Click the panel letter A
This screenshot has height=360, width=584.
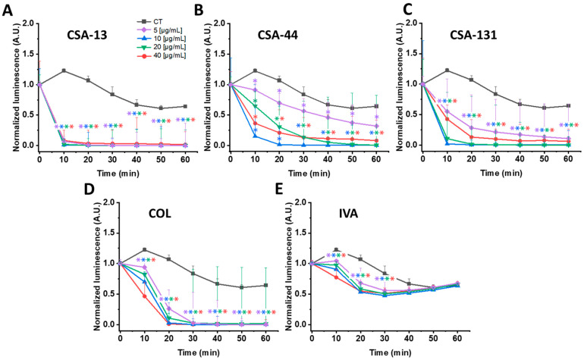coord(8,11)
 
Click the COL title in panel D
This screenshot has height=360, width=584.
coord(160,214)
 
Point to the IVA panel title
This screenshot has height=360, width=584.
coord(348,214)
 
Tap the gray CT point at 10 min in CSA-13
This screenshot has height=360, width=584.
coord(64,70)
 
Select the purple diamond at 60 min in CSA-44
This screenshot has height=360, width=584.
coord(376,126)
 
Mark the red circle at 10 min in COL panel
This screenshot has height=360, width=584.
coord(145,296)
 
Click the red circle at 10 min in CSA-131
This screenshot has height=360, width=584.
coord(447,119)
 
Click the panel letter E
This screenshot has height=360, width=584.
coord(279,190)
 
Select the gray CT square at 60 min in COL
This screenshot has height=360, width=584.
coord(266,285)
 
